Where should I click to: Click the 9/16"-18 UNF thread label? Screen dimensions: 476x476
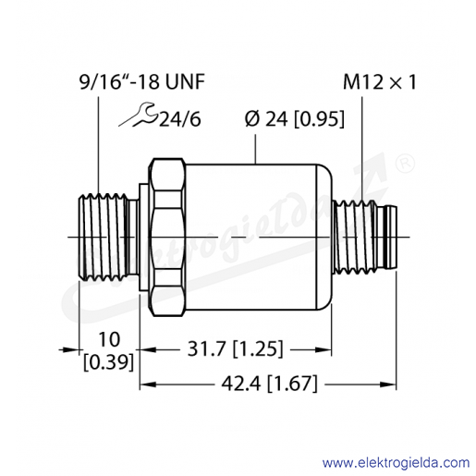click(142, 82)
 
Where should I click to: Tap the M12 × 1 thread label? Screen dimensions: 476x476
click(380, 82)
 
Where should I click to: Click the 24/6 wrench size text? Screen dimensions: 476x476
click(180, 119)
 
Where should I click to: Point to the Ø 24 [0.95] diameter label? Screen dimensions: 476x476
click(295, 119)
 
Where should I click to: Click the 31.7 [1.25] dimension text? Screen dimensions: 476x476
click(235, 349)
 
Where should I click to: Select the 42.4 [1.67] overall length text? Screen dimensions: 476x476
click(269, 384)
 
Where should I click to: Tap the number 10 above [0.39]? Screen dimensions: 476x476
click(109, 339)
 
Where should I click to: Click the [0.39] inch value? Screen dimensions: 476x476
click(109, 362)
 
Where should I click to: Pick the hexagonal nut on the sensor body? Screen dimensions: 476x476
click(166, 238)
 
